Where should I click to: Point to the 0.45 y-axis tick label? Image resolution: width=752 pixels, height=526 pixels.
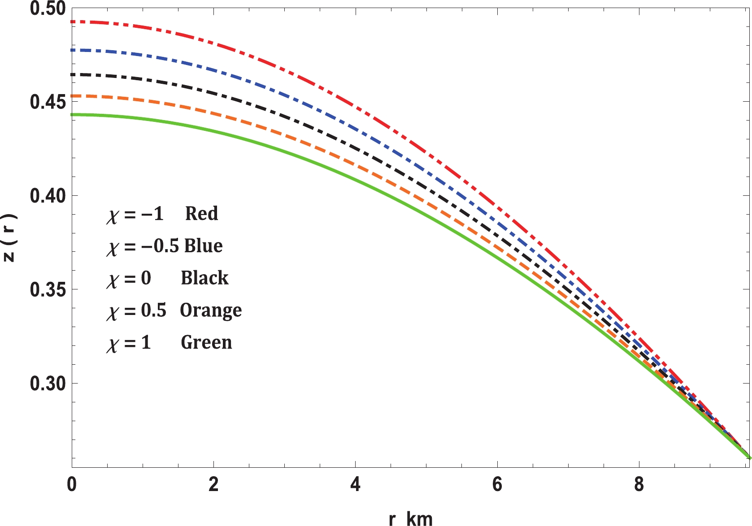(47, 102)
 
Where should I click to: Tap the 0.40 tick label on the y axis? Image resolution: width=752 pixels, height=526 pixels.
(47, 196)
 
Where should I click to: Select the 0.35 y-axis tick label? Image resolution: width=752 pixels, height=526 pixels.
(47, 289)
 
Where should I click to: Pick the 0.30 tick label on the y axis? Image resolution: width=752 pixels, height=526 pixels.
(47, 384)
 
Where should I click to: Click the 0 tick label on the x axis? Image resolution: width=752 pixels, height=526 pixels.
(72, 484)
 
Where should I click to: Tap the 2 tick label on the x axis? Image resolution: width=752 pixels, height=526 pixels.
(213, 484)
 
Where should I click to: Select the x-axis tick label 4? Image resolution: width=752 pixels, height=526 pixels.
(355, 484)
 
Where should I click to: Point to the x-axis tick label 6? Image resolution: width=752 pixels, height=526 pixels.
(497, 484)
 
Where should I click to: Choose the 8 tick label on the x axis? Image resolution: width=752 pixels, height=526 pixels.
(639, 484)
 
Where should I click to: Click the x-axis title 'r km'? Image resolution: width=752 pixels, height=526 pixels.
(410, 519)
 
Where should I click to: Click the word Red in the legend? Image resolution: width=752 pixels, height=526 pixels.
(201, 213)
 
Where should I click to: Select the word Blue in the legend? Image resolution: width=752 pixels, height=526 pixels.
(203, 246)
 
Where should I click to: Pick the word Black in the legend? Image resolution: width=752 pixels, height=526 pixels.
(204, 278)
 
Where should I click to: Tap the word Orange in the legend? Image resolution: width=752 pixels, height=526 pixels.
(211, 310)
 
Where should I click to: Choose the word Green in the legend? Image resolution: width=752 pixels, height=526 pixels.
(206, 342)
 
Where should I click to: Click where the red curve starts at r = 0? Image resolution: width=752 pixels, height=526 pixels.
(73, 22)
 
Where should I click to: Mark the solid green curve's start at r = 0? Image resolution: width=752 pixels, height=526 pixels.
(73, 115)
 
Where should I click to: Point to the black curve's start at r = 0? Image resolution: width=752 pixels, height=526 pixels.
(73, 74)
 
